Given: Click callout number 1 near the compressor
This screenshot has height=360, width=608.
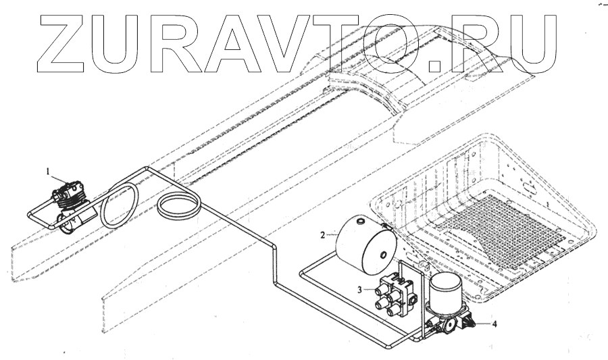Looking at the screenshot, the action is point(49,173).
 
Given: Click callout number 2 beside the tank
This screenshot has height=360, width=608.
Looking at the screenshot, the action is point(324,234).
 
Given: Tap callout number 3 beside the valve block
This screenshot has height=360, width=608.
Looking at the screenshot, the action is point(361,290).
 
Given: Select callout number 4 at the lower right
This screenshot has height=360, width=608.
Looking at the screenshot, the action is point(495,323).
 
